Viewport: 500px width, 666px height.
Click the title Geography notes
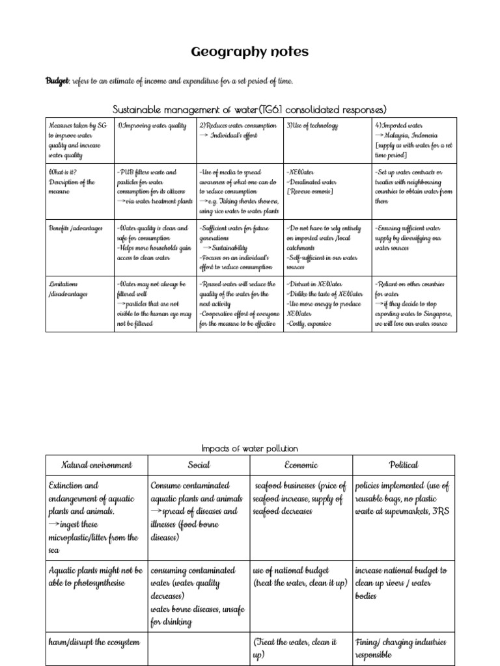tap(250, 52)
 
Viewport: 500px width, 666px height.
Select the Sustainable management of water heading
tap(250, 109)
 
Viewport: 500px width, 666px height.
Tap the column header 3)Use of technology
tap(312, 126)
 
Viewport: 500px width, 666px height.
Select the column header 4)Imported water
tap(399, 126)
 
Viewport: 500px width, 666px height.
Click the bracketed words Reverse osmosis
tap(311, 192)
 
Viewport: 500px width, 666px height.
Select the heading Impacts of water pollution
tap(250, 449)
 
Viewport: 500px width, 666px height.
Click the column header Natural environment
tap(96, 465)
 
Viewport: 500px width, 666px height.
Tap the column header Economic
tap(301, 465)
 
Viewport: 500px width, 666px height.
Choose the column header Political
tap(404, 465)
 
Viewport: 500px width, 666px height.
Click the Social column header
tap(198, 465)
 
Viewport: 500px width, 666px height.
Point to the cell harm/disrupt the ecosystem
tap(94, 642)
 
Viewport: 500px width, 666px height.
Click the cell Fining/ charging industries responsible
tap(401, 648)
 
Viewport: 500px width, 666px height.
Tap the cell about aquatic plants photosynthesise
tap(96, 577)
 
